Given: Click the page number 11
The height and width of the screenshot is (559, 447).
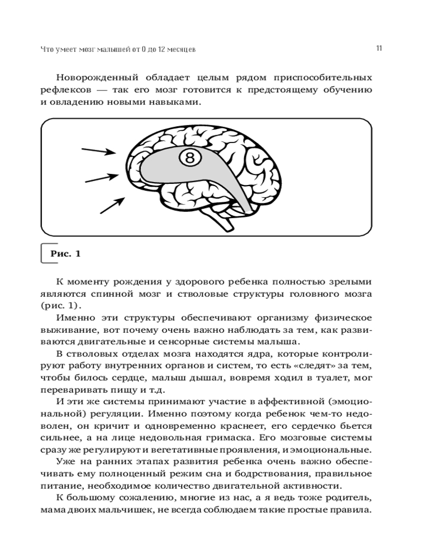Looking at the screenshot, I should [379, 48].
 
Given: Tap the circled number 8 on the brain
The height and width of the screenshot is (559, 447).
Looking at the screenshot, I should [189, 158].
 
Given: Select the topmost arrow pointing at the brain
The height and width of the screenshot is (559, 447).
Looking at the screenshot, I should [98, 151].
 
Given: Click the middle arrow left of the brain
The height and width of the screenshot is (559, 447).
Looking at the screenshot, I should [101, 178].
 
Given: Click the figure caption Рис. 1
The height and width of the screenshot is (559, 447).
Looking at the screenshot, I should [65, 254].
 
